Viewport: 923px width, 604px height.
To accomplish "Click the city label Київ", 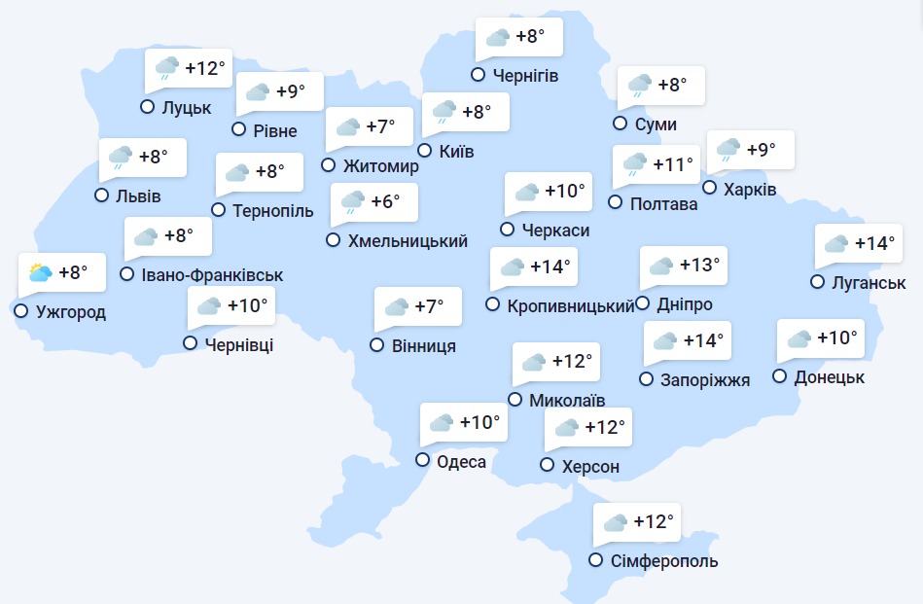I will point(456,152).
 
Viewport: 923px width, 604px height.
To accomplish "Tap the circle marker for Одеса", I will point(422,460).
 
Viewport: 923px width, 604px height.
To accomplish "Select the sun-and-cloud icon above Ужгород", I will point(40,272).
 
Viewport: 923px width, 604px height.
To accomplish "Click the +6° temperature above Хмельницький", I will point(385,202).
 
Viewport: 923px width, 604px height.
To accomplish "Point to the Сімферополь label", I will point(665,561).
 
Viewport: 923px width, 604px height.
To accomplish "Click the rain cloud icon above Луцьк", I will point(167,68).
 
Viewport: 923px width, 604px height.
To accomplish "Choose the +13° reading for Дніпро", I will point(699,265).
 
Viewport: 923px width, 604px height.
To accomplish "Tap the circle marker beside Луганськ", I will point(817,282).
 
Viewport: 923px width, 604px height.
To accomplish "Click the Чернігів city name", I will point(525,76).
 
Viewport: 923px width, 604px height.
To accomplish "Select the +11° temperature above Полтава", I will point(673,164).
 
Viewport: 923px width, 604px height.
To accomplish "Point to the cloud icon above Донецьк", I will point(799,338).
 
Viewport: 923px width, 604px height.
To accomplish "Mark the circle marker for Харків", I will point(709,188).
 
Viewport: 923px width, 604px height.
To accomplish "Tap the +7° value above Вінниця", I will point(429,306).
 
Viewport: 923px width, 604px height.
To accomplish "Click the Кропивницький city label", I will point(571,305).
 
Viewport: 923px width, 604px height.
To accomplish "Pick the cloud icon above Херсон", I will point(565,427).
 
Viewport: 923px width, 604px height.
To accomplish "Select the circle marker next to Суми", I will point(620,123).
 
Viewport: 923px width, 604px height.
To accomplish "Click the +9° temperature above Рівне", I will point(290,91).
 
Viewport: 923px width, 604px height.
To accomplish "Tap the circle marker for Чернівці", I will point(190,342).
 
